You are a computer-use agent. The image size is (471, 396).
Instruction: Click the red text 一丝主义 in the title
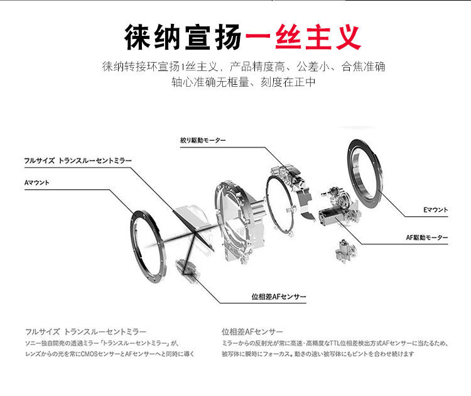point(303,37)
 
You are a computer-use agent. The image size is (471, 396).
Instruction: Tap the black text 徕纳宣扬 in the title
point(183,37)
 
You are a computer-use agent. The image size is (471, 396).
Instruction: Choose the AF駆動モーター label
point(427,238)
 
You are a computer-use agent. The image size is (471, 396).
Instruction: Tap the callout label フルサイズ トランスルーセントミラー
point(78,160)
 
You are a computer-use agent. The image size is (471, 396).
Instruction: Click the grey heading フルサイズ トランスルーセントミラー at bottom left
point(86,331)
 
